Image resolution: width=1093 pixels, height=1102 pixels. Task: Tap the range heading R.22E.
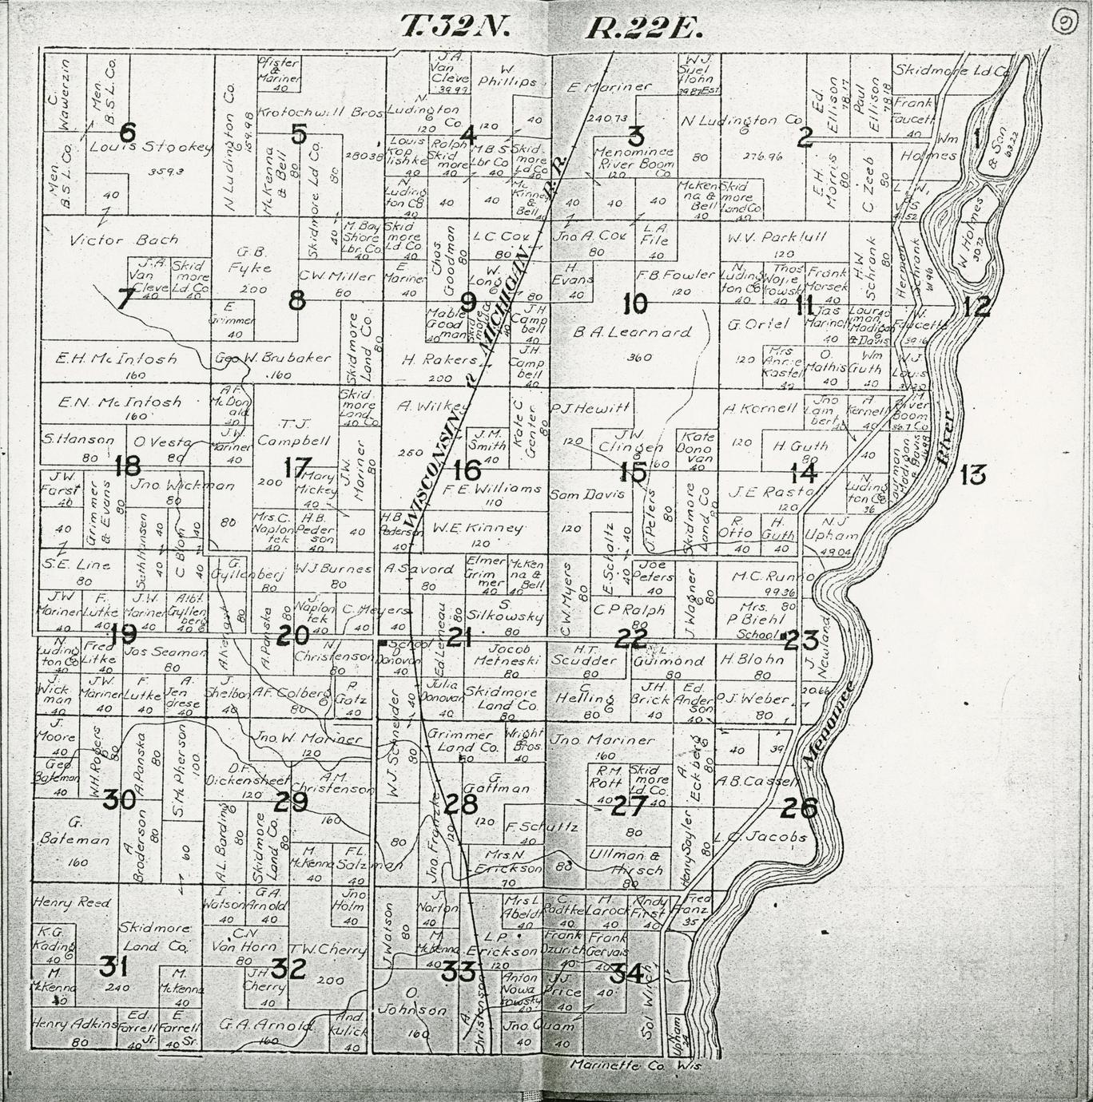click(643, 28)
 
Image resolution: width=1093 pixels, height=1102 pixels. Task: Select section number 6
click(126, 132)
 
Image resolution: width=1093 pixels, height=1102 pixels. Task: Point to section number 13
click(972, 476)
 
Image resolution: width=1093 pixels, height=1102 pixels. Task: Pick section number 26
click(798, 809)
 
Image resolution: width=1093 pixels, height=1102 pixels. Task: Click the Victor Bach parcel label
click(112, 240)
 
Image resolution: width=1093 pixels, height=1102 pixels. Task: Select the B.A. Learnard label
click(631, 332)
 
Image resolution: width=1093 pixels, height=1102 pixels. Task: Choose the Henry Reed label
click(71, 902)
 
